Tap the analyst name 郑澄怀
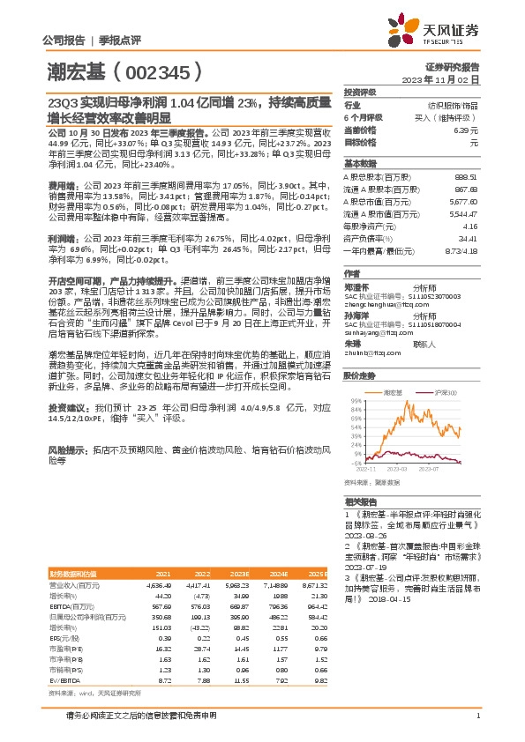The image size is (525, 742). [x=357, y=286]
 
